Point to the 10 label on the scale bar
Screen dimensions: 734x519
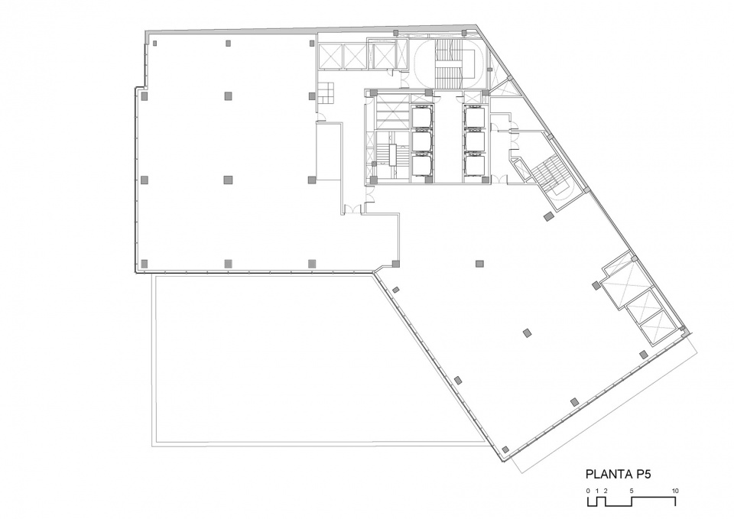[x=675, y=491]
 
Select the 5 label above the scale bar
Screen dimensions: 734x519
[x=632, y=491]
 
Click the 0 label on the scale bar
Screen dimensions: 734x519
[x=588, y=491]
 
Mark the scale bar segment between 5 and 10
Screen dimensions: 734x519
[x=654, y=498]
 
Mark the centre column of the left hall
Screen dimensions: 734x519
[x=228, y=180]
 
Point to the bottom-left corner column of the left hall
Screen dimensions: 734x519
[x=145, y=264]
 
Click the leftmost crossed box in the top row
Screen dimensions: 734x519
[x=330, y=55]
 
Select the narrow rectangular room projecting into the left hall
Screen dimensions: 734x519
[x=329, y=151]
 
